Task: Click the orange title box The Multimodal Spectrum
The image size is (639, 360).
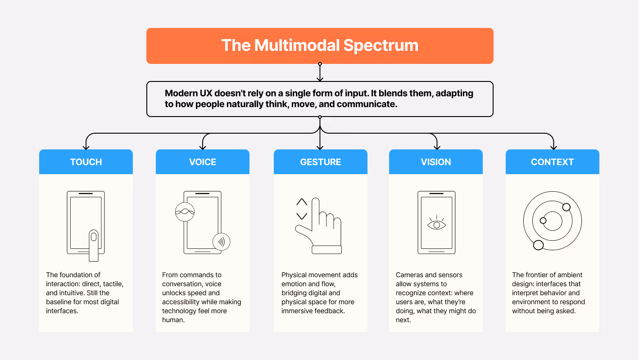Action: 320,45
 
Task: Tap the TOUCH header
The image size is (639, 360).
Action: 86,162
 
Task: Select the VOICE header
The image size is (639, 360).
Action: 203,162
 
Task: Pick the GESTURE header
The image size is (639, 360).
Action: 320,162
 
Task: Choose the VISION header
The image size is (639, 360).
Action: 436,162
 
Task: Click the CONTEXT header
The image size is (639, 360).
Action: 552,162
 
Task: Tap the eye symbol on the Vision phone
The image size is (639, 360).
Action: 436,224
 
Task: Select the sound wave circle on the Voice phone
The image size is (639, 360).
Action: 185,212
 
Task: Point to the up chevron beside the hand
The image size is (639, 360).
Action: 302,202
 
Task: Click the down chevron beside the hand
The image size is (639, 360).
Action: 302,216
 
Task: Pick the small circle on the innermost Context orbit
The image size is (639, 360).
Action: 543,220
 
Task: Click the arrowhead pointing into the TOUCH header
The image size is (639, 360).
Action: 86,147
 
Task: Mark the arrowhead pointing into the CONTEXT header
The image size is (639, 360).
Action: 554,147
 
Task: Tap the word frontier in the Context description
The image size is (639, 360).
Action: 538,275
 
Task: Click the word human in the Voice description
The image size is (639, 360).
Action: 173,320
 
